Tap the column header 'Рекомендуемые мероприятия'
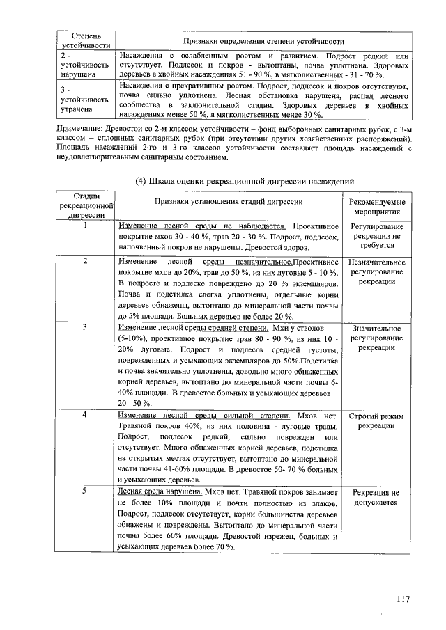click(376, 207)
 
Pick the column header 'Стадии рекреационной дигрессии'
click(86, 206)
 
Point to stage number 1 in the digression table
click(85, 226)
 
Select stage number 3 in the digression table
click(85, 326)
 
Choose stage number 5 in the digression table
click(85, 491)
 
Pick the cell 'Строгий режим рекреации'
click(376, 420)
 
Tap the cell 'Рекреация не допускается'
click(376, 496)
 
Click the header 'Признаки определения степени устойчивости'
click(263, 41)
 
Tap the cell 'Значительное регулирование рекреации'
click(376, 337)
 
